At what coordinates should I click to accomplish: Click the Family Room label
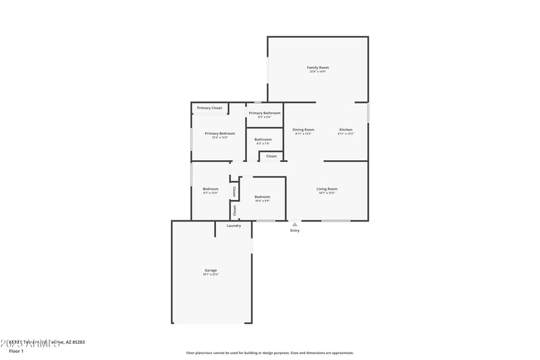(x=318, y=68)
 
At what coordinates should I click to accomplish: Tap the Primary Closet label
(x=209, y=108)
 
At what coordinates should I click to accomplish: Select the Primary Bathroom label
(x=264, y=113)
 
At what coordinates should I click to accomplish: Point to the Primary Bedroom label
(x=220, y=133)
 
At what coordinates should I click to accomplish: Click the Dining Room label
(x=303, y=130)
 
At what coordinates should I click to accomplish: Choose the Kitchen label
(x=346, y=130)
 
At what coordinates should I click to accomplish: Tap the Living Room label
(x=327, y=188)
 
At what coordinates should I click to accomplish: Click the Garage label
(x=211, y=270)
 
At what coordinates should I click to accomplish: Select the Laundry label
(x=234, y=226)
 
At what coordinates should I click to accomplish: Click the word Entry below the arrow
(x=294, y=231)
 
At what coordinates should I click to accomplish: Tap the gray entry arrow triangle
(x=294, y=224)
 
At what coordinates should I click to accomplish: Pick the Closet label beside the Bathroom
(x=271, y=156)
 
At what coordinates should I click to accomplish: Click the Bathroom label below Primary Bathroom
(x=263, y=140)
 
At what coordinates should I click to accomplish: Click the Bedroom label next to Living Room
(x=263, y=197)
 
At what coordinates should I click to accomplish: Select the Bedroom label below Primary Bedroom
(x=211, y=188)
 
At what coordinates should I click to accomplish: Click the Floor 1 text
(x=16, y=351)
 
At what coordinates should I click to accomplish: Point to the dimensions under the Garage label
(x=211, y=274)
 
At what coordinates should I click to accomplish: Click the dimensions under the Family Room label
(x=318, y=72)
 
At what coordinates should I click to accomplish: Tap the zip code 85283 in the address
(x=77, y=342)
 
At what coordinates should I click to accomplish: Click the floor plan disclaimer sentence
(x=269, y=353)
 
